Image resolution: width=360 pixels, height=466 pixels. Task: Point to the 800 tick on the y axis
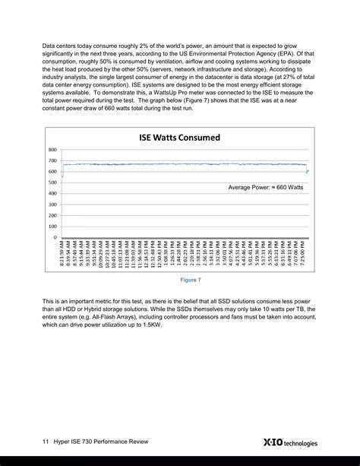pyautogui.click(x=52, y=150)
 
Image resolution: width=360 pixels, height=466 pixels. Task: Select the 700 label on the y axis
pyautogui.click(x=52, y=160)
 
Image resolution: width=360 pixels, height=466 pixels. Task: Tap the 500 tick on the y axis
pyautogui.click(x=52, y=182)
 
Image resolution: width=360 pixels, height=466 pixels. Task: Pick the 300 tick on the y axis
pyautogui.click(x=52, y=204)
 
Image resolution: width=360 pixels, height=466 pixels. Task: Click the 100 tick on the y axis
pyautogui.click(x=52, y=227)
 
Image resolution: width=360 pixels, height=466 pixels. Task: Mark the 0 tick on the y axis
pyautogui.click(x=55, y=237)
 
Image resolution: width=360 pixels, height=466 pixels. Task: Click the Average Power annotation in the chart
pyautogui.click(x=266, y=186)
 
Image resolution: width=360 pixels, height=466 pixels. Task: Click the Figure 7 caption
pyautogui.click(x=190, y=280)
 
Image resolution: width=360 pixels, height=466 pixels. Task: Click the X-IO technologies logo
pyautogui.click(x=289, y=442)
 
